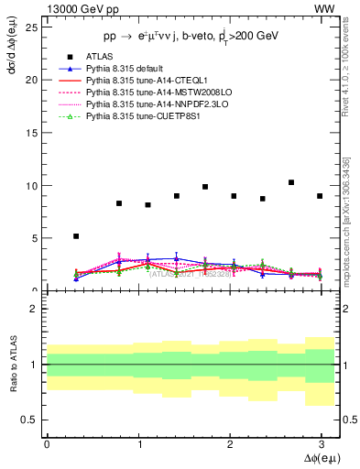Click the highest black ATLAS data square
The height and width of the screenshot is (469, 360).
point(291,182)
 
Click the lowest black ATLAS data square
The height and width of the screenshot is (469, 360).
point(76,236)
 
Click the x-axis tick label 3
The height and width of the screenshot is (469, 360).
point(322,443)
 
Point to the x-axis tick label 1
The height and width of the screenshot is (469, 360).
point(138,443)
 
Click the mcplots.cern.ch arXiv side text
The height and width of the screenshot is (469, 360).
point(350,220)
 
